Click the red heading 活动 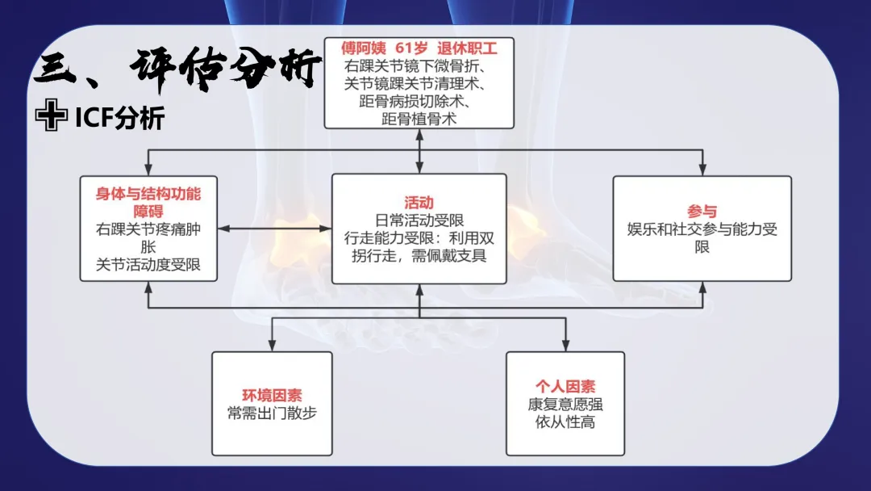coord(419,203)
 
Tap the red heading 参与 coord(702,212)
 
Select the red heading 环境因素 coord(272,395)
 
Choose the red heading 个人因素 coord(565,387)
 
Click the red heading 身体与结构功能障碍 coord(148,202)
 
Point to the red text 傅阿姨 coord(358,48)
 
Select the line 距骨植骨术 coord(419,120)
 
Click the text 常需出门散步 coord(272,413)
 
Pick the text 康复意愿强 coord(565,405)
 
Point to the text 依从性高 coord(565,422)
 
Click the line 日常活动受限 coord(419,220)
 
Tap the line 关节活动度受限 coord(148,264)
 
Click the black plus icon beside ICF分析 coord(51,118)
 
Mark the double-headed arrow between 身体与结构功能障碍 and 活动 coord(274,229)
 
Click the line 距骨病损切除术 coord(419,102)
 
